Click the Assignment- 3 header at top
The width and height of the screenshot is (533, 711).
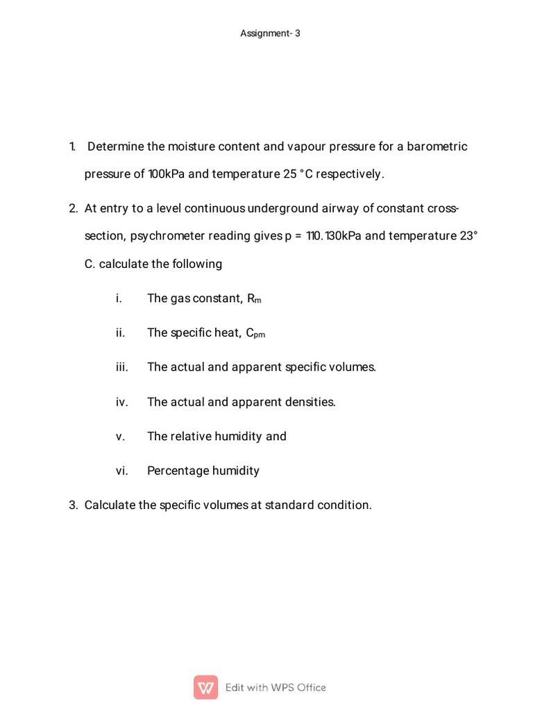tap(270, 33)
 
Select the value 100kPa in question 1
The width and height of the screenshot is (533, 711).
tap(166, 174)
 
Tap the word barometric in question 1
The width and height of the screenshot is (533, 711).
tap(437, 147)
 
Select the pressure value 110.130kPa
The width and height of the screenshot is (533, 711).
tap(334, 236)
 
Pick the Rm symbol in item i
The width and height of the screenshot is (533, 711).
tap(254, 299)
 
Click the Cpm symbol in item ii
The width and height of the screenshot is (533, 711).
tap(255, 333)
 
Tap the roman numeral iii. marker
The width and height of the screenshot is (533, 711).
tap(121, 367)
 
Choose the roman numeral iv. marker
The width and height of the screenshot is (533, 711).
tap(121, 401)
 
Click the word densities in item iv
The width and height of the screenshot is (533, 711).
tap(310, 401)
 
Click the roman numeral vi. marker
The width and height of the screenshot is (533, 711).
tap(121, 471)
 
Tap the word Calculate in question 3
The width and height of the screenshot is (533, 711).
tap(110, 505)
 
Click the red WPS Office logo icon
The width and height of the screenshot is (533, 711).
tap(205, 687)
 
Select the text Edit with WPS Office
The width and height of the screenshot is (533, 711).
tap(276, 687)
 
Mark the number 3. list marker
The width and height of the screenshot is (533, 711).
tap(73, 505)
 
